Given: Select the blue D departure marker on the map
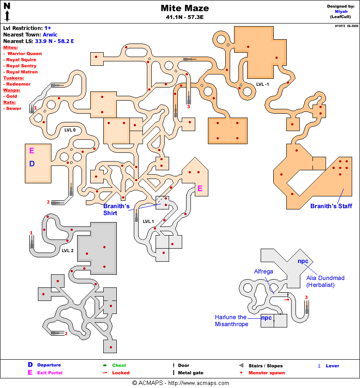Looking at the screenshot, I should [31, 164].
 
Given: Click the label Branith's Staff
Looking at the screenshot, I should [330, 206].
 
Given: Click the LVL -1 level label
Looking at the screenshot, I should [262, 84].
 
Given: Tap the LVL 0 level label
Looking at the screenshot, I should [70, 130].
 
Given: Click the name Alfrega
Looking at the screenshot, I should [264, 271].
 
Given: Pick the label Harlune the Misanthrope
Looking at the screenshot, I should [231, 321].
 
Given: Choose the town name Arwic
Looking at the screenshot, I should [50, 34].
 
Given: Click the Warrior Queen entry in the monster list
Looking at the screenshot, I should [24, 53].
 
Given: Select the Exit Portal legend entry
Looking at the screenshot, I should [50, 373].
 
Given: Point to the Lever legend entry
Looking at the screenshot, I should [332, 366].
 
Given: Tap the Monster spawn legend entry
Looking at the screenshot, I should [266, 373].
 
